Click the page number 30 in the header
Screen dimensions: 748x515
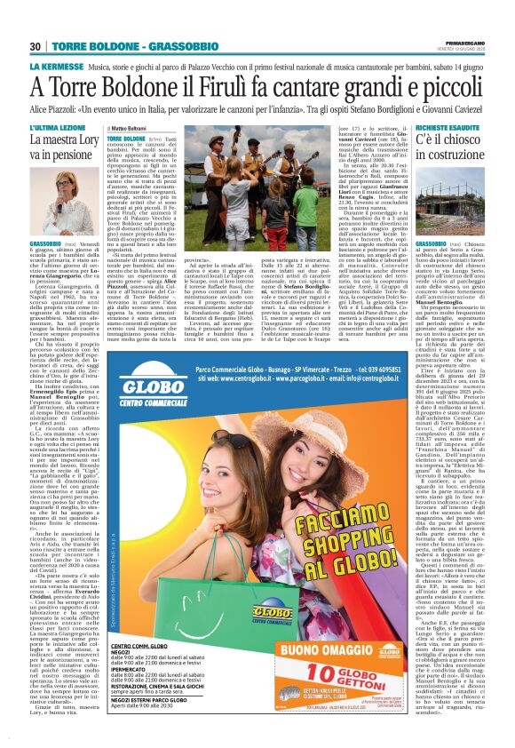tap(36, 47)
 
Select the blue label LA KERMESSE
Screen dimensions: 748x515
tap(56, 67)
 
